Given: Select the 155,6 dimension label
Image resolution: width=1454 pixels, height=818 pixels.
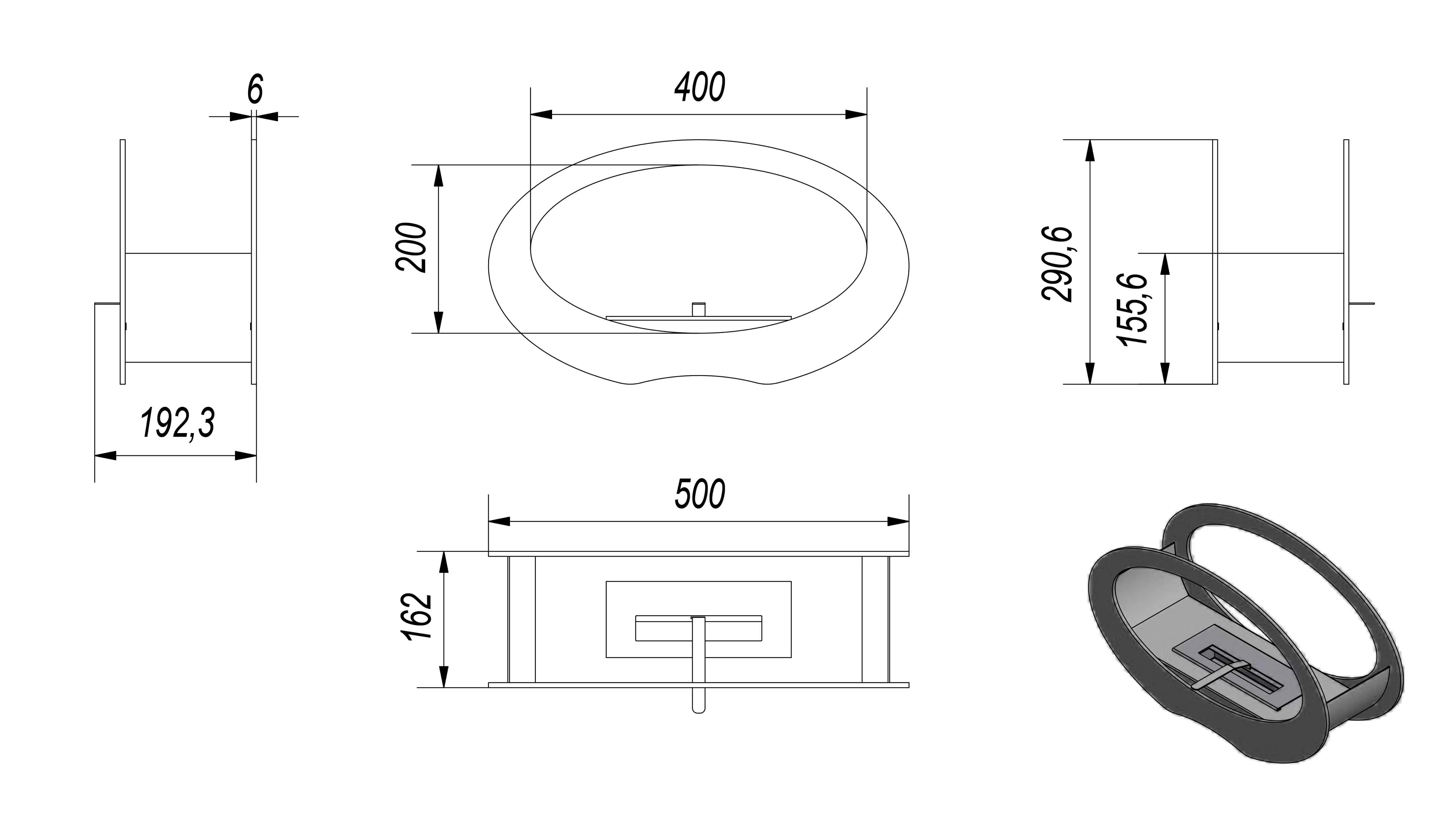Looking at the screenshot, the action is (1132, 309).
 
